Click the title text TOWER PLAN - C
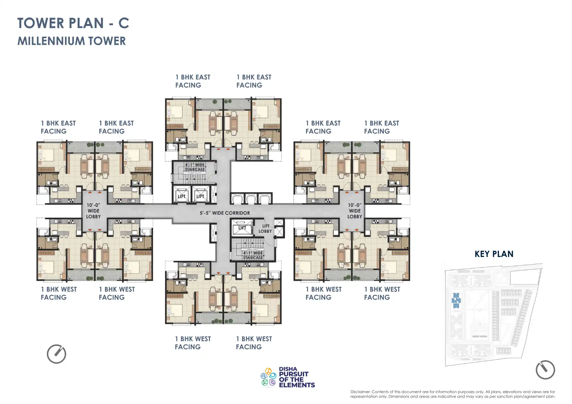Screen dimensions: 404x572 [x=73, y=23]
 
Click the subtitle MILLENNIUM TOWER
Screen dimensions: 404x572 [x=71, y=41]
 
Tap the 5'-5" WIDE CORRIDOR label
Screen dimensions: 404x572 [x=225, y=213]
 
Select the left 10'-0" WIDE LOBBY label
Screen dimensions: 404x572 [x=93, y=211]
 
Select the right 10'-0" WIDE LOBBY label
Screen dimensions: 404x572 [x=354, y=211]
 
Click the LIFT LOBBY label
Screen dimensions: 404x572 [x=265, y=229]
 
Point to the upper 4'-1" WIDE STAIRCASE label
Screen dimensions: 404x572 [x=195, y=167]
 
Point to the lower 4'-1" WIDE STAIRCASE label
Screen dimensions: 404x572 [x=253, y=255]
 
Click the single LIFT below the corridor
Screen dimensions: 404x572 [x=242, y=228]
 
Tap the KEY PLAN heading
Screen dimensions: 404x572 [x=494, y=254]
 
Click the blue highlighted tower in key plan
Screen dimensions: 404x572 [x=456, y=301]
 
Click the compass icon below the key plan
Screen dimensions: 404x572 [x=545, y=370]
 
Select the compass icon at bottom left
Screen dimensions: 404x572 [x=56, y=354]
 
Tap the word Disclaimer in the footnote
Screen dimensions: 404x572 [x=360, y=392]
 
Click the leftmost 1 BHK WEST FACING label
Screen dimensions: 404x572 [x=59, y=293]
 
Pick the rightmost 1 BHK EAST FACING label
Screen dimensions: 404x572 [x=381, y=127]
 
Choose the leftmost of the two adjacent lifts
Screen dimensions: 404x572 [x=181, y=196]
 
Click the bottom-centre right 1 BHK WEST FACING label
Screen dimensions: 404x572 [x=254, y=343]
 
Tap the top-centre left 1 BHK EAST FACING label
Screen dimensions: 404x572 [x=193, y=81]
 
